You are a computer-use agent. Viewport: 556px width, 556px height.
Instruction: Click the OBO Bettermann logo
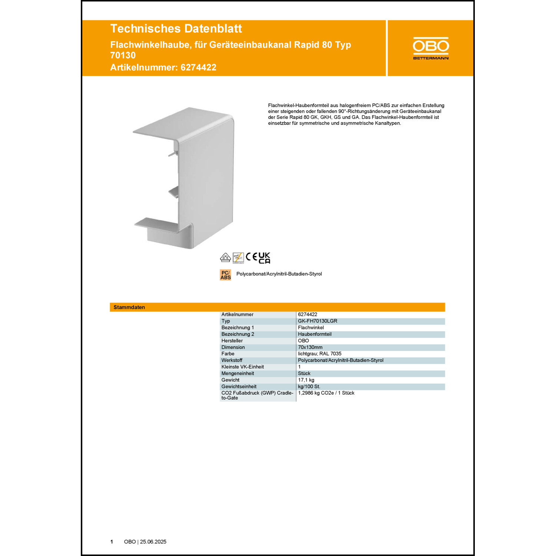point(431,48)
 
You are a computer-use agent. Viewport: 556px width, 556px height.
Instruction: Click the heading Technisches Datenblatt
point(176,29)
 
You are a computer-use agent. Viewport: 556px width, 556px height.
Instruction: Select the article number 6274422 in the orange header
point(198,67)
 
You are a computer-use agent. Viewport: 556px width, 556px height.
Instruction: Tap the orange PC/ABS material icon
point(225,275)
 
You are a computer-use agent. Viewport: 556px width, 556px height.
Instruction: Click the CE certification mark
point(251,257)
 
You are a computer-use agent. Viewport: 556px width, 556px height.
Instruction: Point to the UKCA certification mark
point(264,258)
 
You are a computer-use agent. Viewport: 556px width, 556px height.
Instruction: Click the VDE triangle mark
point(225,257)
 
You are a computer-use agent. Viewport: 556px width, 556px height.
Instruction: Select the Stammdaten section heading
point(129,307)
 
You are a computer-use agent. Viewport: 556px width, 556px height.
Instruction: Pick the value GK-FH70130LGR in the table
point(317,321)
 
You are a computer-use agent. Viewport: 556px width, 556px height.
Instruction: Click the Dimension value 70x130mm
point(310,347)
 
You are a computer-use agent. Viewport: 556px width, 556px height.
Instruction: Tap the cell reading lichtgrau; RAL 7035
point(320,354)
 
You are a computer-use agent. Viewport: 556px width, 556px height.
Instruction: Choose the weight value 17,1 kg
point(306,380)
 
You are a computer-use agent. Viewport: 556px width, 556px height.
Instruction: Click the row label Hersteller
point(232,341)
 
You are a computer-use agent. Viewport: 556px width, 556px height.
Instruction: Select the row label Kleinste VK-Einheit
point(242,367)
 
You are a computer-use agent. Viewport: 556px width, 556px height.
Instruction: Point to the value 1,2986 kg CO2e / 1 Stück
point(326,393)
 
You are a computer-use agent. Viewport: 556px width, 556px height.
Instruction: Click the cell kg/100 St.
point(309,387)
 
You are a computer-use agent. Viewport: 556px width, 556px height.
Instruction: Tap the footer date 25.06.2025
point(153,542)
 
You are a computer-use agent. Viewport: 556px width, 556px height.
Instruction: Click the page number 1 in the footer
point(112,542)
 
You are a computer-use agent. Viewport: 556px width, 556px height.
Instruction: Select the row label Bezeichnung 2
point(238,334)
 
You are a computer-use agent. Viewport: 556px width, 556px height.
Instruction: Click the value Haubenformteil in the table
point(315,334)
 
